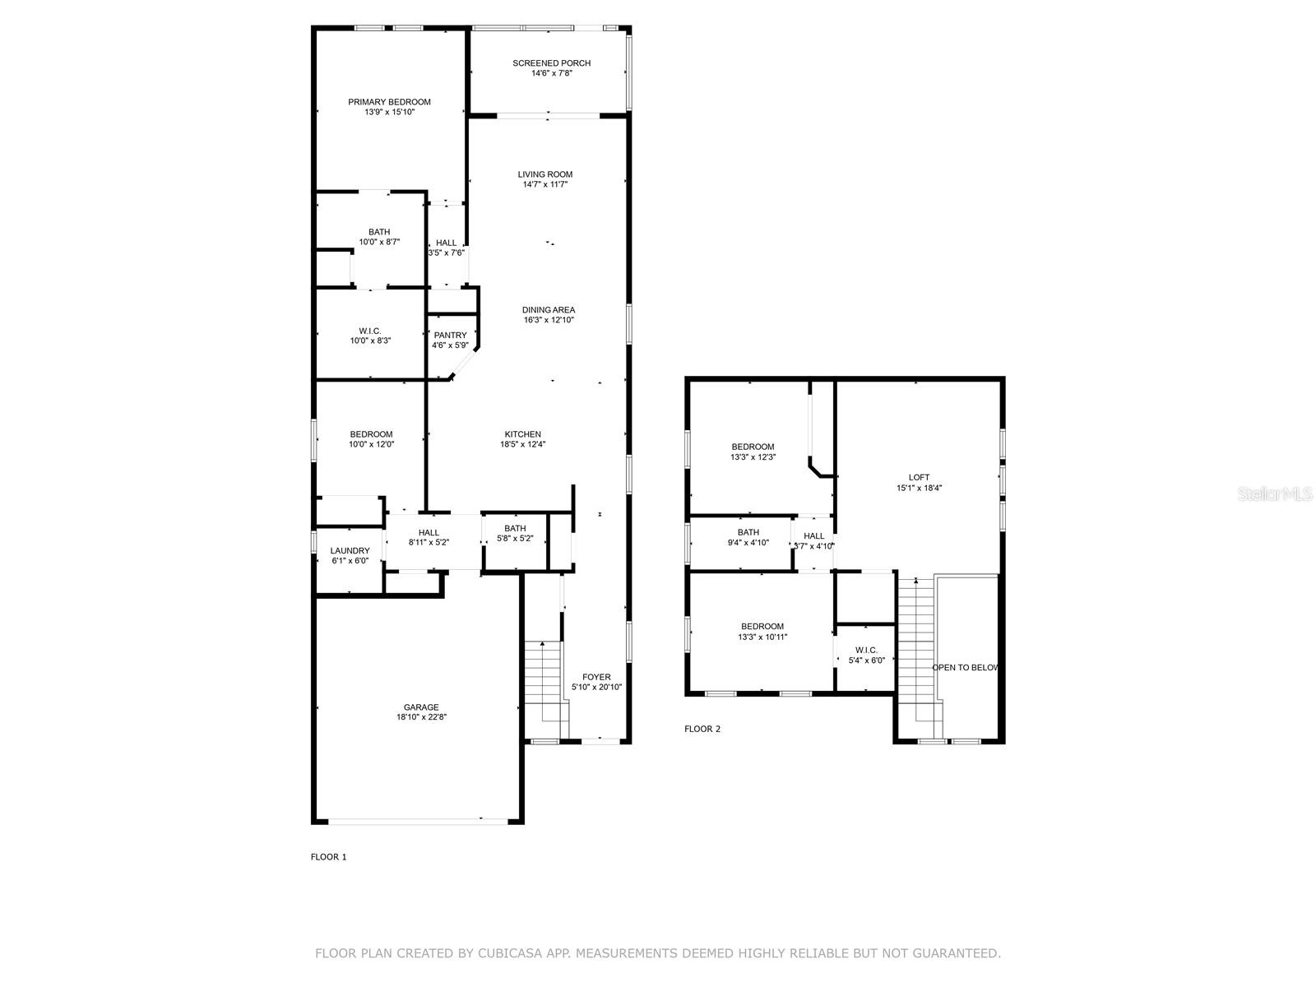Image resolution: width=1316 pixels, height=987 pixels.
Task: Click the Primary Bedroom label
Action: (x=389, y=102)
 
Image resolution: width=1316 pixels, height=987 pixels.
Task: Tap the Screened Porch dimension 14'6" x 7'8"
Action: (x=551, y=73)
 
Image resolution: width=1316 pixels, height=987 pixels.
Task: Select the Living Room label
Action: (x=544, y=174)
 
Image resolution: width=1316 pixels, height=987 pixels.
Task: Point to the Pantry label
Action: (x=450, y=335)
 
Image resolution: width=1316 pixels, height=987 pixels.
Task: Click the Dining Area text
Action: (x=549, y=310)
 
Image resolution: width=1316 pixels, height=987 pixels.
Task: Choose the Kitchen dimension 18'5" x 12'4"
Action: (x=522, y=444)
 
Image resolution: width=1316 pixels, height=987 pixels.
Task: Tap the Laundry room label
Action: (x=350, y=551)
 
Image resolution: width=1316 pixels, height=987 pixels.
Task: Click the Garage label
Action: (x=421, y=707)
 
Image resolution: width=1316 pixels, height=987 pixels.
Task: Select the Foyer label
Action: (x=596, y=677)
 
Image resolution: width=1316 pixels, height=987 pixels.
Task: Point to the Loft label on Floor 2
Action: (x=919, y=477)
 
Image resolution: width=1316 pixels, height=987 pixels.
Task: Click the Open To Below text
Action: (x=965, y=667)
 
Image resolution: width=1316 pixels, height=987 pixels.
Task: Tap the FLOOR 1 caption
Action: (x=328, y=857)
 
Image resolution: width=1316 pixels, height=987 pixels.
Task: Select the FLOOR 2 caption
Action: (x=702, y=729)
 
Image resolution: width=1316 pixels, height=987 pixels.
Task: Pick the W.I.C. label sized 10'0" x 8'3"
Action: (x=370, y=331)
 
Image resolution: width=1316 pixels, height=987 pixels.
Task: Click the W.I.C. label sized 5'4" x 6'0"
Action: (x=866, y=650)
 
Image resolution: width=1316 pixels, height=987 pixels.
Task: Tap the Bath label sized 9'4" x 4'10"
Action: (x=748, y=532)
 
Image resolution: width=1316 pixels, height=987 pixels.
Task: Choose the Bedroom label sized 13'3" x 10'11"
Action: (x=762, y=626)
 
